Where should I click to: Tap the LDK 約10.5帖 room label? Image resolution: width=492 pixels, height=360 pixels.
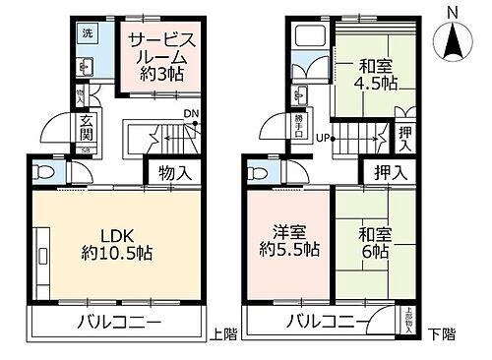[116, 244]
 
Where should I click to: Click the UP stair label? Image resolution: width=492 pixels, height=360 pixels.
[322, 137]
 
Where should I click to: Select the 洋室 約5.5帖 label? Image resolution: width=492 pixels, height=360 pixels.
[288, 242]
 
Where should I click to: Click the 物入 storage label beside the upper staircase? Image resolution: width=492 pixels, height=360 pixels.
[173, 173]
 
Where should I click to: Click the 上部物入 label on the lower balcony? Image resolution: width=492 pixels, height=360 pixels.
[407, 323]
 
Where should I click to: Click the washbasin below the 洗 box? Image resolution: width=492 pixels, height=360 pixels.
[85, 67]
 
